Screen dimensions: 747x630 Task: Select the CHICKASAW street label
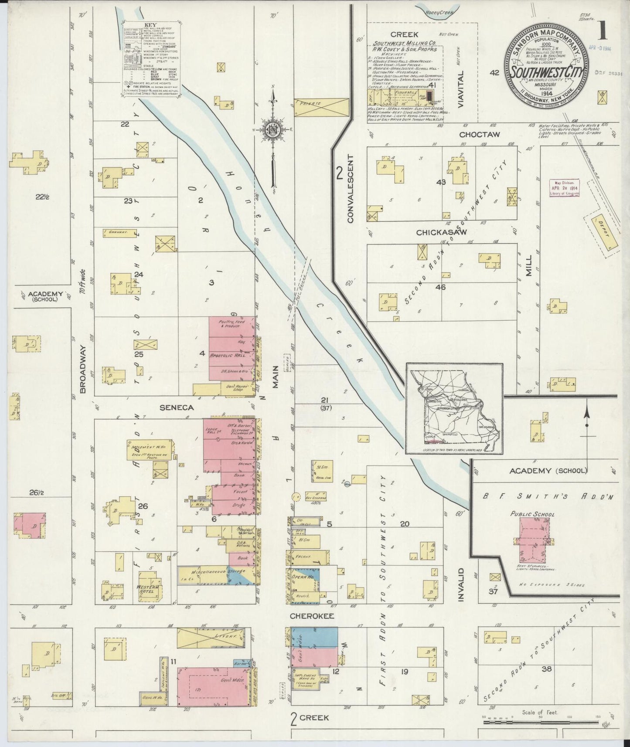[x=441, y=232]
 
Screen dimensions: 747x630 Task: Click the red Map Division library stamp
[x=565, y=187]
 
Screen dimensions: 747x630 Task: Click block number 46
[x=440, y=287]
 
